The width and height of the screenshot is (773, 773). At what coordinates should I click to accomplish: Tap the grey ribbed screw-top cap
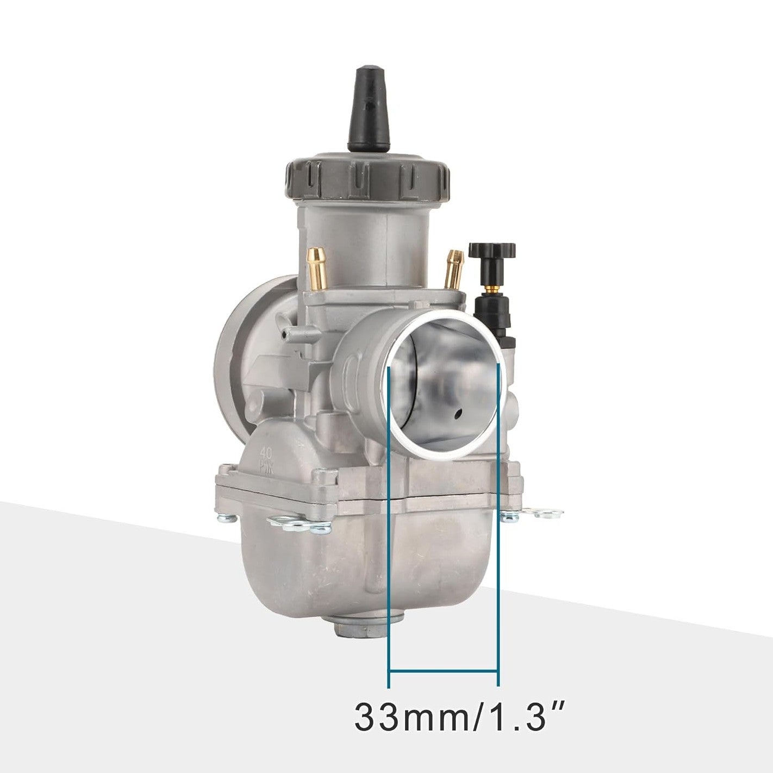[368, 179]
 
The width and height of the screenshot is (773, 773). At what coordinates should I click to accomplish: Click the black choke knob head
[492, 251]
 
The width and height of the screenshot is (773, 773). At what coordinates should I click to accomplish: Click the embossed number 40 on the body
[266, 452]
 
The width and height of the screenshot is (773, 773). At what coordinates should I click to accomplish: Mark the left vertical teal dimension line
[389, 544]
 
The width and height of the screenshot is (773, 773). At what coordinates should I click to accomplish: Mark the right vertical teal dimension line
[498, 544]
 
